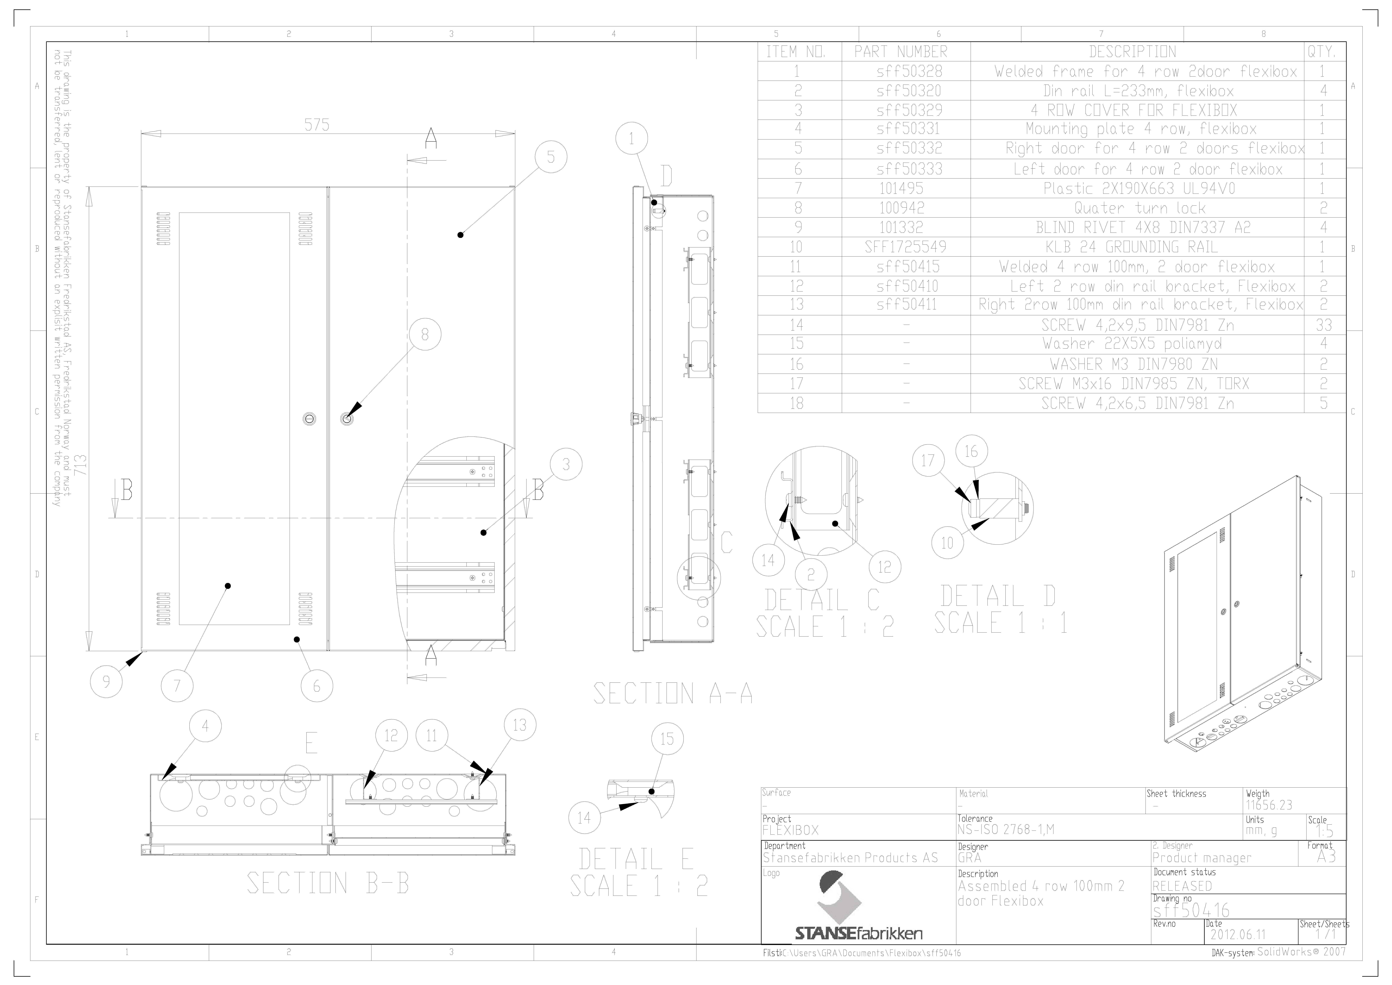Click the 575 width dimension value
[317, 125]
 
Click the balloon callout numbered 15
[667, 739]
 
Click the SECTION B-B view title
[328, 883]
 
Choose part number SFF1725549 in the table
[905, 247]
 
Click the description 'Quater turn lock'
[1140, 208]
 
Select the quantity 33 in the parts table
[1324, 325]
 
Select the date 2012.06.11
[1238, 935]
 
